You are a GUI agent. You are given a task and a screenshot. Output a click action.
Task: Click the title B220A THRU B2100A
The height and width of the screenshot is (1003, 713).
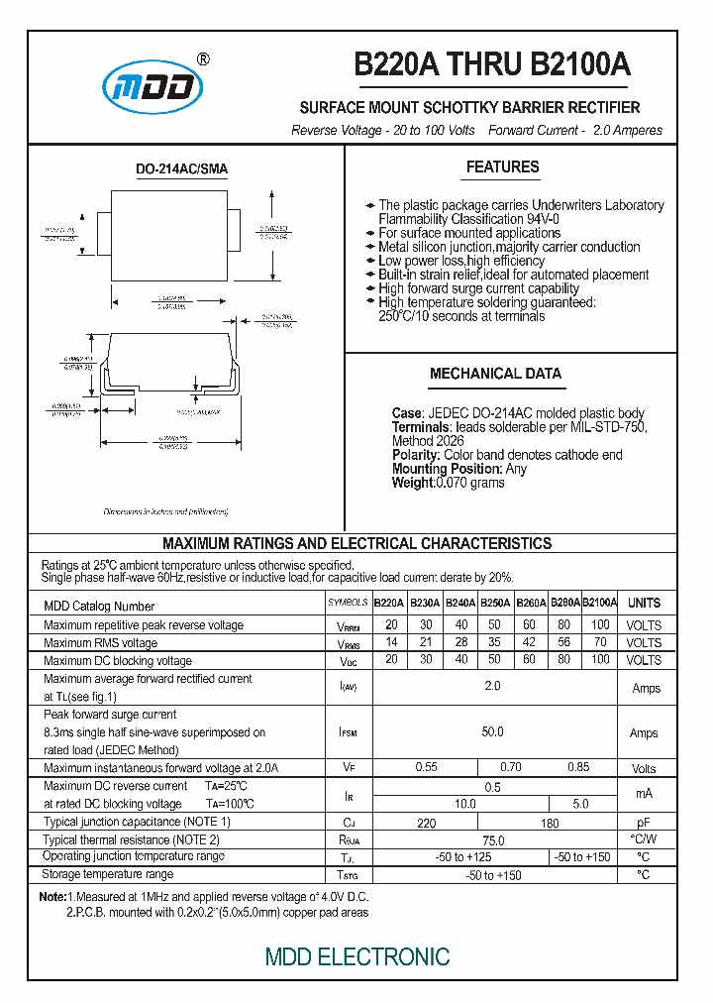pos(492,64)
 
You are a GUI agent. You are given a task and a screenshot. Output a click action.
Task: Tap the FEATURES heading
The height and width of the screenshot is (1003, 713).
pos(503,167)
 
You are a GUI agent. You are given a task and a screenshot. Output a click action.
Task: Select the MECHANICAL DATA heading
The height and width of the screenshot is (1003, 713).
pos(495,374)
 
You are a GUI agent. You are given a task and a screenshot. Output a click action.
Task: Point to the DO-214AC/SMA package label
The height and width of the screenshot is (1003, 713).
pos(181,169)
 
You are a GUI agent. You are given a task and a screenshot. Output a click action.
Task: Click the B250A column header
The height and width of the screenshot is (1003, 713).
pos(495,603)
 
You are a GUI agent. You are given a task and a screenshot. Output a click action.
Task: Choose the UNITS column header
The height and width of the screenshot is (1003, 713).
pos(644,603)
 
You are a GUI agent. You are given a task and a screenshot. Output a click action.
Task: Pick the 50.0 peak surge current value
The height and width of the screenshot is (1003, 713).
pos(492,732)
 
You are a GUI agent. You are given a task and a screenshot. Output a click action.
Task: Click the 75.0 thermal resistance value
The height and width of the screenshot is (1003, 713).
pos(492,839)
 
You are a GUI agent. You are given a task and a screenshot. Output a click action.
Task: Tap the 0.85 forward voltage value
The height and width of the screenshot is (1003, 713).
pos(579,767)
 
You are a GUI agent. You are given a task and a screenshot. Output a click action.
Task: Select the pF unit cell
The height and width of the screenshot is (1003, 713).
pos(644,823)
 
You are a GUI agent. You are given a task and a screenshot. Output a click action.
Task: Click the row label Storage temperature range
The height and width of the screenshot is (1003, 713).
pos(108,874)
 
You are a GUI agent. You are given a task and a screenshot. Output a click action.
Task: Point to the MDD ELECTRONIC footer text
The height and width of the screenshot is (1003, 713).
pos(357,956)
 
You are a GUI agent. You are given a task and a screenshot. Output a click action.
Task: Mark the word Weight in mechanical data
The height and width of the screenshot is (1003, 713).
pos(413,483)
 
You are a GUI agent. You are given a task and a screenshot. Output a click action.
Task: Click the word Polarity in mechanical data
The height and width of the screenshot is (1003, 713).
pos(415,455)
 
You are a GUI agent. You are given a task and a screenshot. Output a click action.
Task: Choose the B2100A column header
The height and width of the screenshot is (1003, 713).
pos(599,603)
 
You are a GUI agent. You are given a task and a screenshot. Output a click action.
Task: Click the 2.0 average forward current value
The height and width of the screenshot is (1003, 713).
pos(492,686)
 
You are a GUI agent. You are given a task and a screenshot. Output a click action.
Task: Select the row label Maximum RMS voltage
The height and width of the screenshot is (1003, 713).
pos(100,643)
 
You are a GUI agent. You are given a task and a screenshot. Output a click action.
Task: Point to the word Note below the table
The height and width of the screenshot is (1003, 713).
pos(51,896)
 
